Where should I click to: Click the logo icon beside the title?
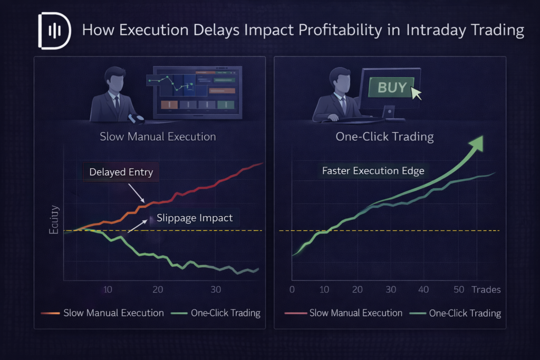pos(54,30)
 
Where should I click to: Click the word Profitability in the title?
pos(349,30)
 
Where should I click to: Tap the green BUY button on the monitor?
pos(392,87)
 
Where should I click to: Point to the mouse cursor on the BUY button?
pos(431,93)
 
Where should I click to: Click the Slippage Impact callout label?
pos(195,218)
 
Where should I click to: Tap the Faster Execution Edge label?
pos(373,171)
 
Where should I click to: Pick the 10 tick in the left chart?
pos(108,289)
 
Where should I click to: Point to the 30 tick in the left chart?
pos(215,289)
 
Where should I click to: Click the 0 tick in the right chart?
pos(292,289)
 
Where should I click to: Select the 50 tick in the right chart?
pos(458,289)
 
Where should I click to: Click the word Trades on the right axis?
pos(486,289)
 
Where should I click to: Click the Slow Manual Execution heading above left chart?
pos(158,137)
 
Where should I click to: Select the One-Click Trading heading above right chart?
pos(384,137)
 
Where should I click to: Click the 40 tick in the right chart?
pos(424,289)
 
